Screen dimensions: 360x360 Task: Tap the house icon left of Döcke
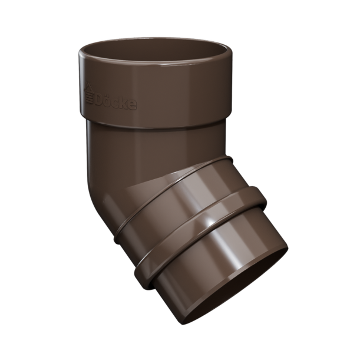89,94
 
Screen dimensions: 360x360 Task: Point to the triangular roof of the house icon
88,87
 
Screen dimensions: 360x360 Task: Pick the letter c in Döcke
118,104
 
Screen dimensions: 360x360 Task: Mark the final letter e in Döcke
133,105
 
